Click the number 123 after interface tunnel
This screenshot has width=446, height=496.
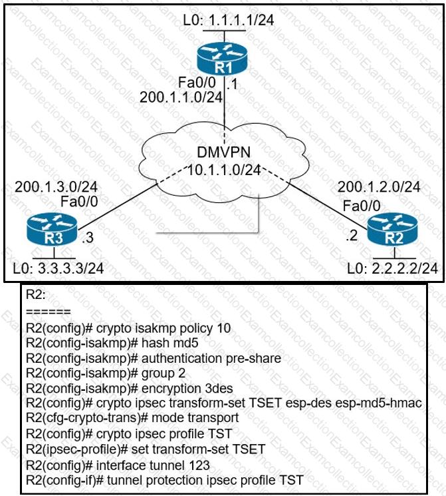click(191, 464)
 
